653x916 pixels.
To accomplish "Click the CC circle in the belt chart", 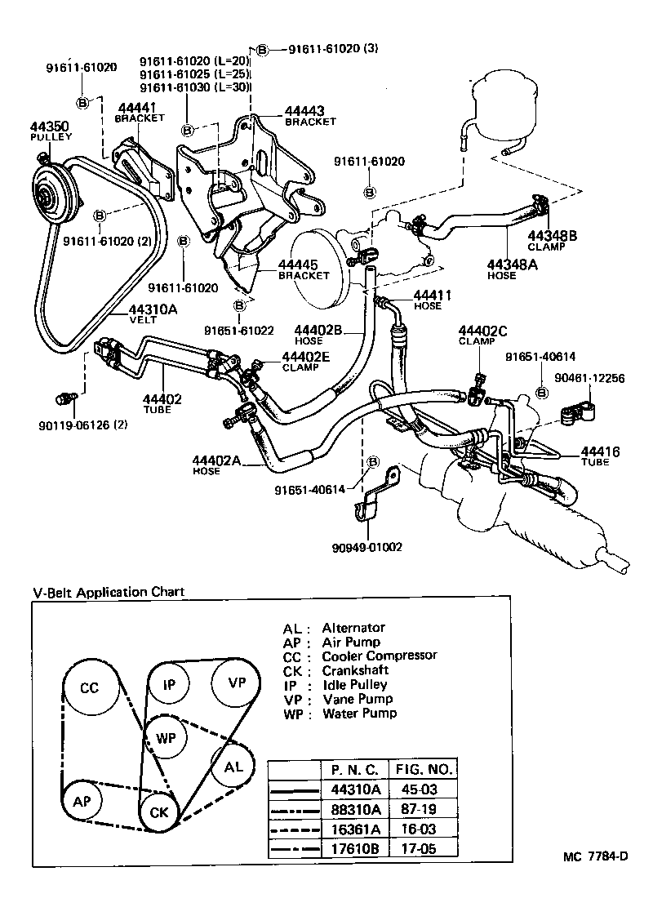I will coord(89,688).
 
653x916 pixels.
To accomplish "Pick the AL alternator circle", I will coord(233,767).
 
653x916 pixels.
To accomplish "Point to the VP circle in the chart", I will coord(236,683).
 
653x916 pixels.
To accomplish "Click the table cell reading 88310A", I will coord(353,809).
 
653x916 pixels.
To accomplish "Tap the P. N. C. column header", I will coord(353,770).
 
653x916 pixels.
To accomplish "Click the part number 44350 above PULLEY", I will coord(50,127).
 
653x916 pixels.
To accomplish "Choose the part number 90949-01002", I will coord(367,547).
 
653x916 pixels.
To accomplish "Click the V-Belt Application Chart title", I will coord(108,592).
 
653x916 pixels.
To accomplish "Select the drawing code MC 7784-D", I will coord(595,856).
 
